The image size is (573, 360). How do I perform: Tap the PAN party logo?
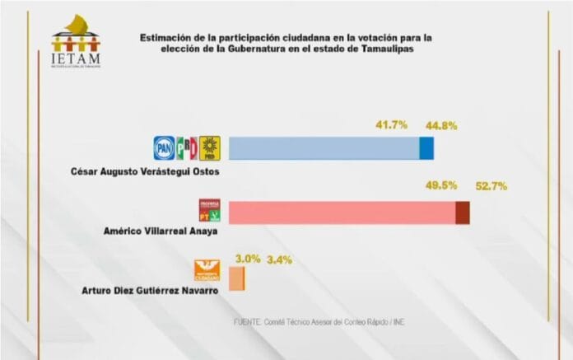(x=165, y=147)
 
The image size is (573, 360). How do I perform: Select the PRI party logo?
(x=187, y=147)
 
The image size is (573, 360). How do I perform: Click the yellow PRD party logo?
(x=209, y=147)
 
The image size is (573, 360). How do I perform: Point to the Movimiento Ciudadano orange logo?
(x=208, y=270)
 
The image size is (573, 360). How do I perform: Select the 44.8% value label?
(x=441, y=125)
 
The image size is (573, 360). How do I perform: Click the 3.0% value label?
(x=249, y=258)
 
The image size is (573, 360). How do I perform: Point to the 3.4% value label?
(x=280, y=259)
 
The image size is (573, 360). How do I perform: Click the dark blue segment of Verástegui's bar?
(x=426, y=148)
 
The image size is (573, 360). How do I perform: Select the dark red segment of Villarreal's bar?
(x=463, y=212)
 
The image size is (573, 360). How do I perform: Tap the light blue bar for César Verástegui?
(x=324, y=148)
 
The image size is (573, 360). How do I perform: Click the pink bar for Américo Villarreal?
(x=341, y=212)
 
